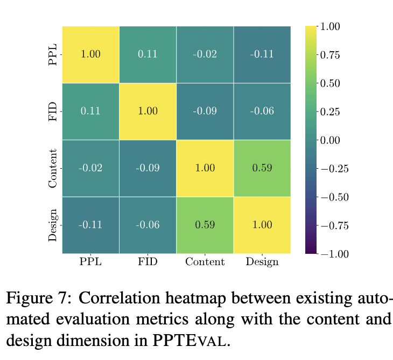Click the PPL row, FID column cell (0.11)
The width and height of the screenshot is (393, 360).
click(148, 54)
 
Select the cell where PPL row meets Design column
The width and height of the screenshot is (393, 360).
click(262, 54)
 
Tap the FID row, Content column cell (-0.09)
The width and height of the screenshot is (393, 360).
click(205, 112)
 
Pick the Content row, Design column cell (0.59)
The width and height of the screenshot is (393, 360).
click(262, 168)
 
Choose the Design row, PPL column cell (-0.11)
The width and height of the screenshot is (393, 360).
click(90, 225)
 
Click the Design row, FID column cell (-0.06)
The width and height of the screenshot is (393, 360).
click(148, 225)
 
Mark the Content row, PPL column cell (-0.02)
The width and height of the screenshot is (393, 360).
click(90, 168)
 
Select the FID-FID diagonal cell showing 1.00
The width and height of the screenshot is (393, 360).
click(148, 112)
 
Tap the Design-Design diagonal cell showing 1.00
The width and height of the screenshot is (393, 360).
click(262, 225)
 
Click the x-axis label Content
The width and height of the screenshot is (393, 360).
click(205, 262)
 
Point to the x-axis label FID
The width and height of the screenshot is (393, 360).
click(148, 262)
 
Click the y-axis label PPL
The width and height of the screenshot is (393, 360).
click(53, 54)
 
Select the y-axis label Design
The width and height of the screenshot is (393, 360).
click(53, 225)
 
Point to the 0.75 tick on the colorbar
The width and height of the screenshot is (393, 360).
click(330, 55)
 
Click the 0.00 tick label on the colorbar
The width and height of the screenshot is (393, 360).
click(330, 140)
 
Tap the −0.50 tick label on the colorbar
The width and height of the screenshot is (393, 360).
click(335, 197)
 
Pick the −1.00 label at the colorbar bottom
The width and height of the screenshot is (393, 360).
click(335, 254)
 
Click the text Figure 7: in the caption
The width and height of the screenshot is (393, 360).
click(39, 298)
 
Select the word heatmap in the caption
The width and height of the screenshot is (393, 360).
click(196, 299)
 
